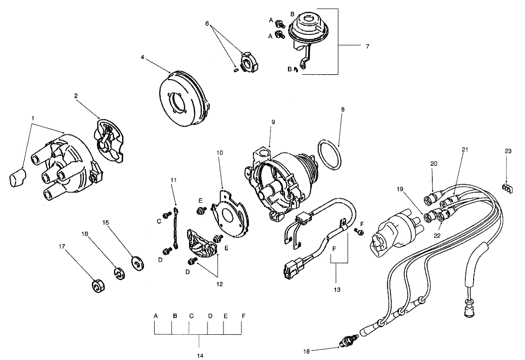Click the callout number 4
143,57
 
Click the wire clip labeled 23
506,187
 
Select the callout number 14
200,356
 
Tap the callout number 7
367,47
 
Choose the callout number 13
337,290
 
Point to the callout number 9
273,122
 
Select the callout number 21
465,150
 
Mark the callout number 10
220,152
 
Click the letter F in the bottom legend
243,316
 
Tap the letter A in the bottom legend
156,316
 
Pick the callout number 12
219,284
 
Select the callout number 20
433,164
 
